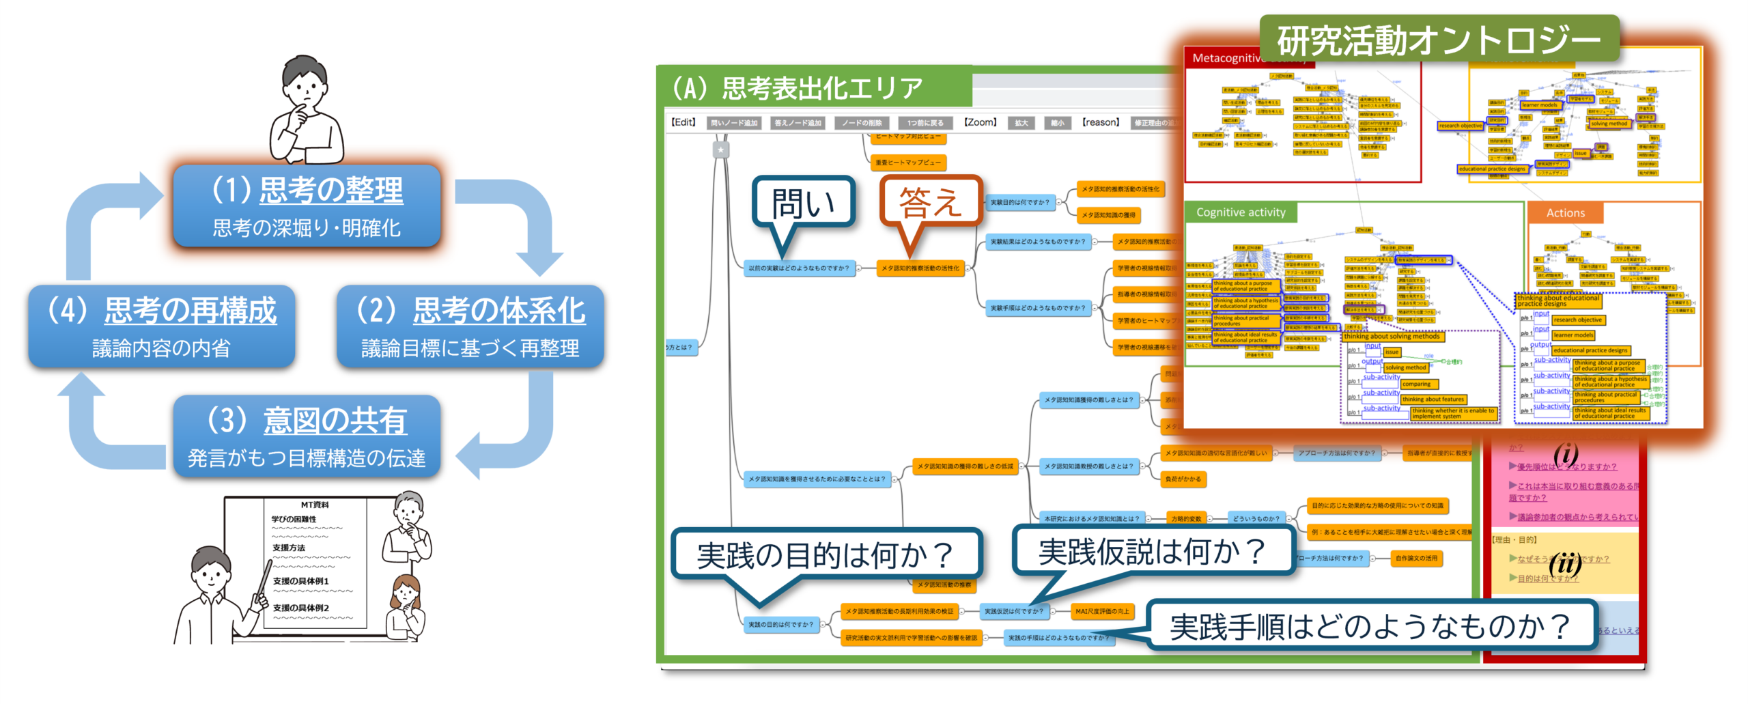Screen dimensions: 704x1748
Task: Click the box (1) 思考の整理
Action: tap(307, 206)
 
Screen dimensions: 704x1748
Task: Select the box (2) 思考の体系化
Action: tap(470, 326)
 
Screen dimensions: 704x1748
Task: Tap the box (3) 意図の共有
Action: tap(307, 436)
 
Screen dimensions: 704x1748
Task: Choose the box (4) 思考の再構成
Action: tap(162, 326)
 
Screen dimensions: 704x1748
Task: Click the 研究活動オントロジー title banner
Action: tap(1438, 40)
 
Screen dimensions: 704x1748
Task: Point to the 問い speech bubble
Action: tap(804, 203)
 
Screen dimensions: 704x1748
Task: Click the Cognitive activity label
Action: tap(1240, 212)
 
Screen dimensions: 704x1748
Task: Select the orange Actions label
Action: tap(1565, 213)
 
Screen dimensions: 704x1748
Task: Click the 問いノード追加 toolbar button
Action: tap(734, 123)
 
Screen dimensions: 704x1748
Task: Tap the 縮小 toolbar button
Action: tap(1057, 123)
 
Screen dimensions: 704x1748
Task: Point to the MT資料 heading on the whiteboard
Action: tap(315, 505)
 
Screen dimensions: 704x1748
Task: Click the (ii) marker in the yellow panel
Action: tap(1564, 564)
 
